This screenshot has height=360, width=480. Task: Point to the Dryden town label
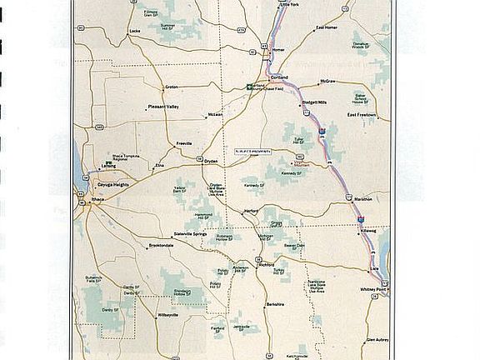[210, 161]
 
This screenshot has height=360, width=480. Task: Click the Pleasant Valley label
[162, 107]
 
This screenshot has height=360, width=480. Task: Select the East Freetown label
[362, 114]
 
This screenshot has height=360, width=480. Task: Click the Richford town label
[265, 266]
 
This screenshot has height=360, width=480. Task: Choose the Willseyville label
[167, 317]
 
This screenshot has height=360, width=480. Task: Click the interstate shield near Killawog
[360, 218]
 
